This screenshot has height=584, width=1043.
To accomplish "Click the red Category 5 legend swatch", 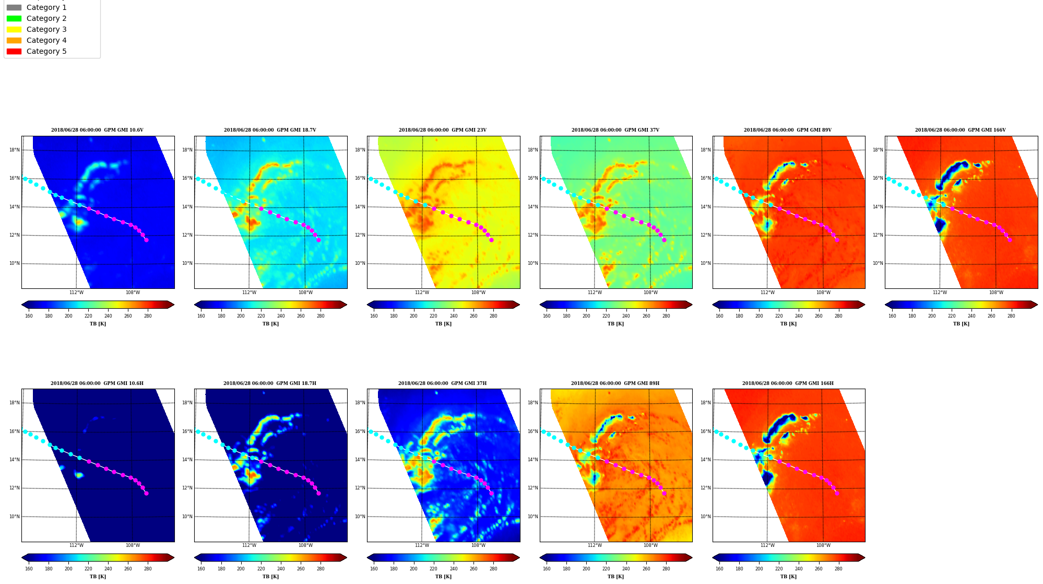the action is pos(14,51).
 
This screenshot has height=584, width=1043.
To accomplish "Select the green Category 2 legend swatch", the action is pos(14,18).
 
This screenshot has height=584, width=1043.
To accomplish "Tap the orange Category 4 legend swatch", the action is pos(14,40).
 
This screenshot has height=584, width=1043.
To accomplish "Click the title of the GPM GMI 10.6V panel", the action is pos(97,130).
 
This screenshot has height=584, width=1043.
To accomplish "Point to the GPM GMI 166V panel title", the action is pos(961,130).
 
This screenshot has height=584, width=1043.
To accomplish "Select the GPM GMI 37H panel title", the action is pos(443,383).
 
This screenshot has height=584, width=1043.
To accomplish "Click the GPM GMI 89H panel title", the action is pos(615,383).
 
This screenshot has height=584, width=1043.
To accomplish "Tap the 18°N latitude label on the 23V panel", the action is pos(360,150).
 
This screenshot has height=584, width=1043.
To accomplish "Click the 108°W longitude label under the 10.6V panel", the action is pos(133,293).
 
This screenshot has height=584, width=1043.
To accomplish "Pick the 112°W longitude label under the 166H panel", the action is pos(767,545).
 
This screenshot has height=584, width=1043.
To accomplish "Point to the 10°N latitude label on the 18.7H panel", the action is pos(187,517).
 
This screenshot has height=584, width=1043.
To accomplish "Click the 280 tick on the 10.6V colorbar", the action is pos(148,316).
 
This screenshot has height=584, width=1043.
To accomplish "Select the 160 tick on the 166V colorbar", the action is pos(892,316).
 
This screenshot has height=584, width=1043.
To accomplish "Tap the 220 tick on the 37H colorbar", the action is pos(433,569).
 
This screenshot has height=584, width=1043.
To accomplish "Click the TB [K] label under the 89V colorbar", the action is pos(788,324).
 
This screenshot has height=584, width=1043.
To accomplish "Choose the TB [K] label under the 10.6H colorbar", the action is pos(98,577).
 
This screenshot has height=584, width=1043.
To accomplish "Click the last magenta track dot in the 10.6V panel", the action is pos(146,240).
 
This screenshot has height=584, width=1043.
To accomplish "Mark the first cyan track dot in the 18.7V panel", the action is pos(198,179).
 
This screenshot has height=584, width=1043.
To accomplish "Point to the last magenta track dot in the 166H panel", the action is pos(837,493).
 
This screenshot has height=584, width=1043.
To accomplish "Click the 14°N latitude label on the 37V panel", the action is pos(533,207).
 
